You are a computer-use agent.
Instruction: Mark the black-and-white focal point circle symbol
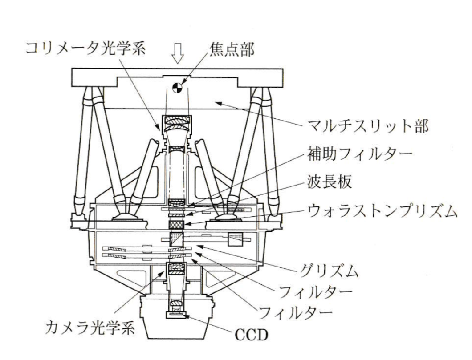click(177, 88)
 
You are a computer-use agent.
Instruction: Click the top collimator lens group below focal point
click(177, 120)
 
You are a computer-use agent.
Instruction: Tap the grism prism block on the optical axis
click(177, 239)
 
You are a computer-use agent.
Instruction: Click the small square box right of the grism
click(234, 239)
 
